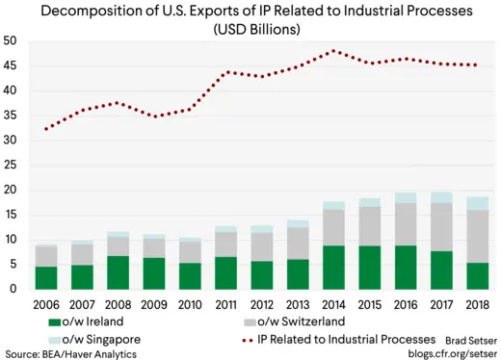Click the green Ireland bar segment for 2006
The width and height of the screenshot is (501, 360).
click(x=45, y=277)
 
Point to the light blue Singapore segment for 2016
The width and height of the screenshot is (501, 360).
click(x=407, y=197)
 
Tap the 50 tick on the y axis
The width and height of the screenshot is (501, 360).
click(x=13, y=41)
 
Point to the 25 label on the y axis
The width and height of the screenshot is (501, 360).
click(x=13, y=165)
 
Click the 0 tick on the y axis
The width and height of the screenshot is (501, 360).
click(x=16, y=289)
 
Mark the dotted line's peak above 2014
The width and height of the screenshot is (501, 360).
click(x=333, y=51)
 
